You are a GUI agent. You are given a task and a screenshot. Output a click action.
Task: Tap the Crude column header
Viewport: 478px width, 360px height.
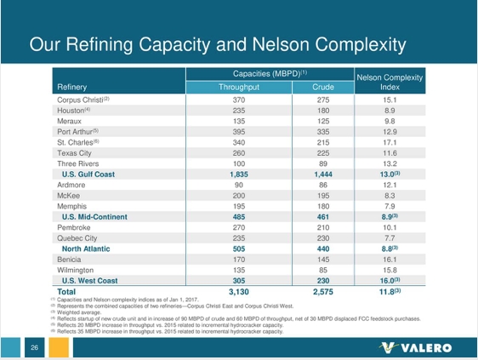[322, 87]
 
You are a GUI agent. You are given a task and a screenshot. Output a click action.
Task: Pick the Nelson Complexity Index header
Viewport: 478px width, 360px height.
[390, 82]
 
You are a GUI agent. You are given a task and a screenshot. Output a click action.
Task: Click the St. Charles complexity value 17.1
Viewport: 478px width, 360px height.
[390, 143]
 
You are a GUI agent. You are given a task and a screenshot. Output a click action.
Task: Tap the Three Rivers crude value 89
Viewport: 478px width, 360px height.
[322, 163]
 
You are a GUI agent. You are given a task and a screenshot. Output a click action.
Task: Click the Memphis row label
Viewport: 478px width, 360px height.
[73, 206]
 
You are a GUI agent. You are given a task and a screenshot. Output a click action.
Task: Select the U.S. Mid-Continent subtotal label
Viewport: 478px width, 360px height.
[95, 217]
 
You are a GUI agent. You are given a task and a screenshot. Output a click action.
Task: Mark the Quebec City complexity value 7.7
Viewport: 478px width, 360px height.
[390, 237]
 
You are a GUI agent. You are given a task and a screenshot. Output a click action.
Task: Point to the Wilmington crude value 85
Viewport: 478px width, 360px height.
[322, 269]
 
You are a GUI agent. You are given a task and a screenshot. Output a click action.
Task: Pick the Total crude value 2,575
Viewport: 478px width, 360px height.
[322, 291]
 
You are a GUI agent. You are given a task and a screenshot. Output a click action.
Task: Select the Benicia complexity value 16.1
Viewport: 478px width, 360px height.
[390, 259]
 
